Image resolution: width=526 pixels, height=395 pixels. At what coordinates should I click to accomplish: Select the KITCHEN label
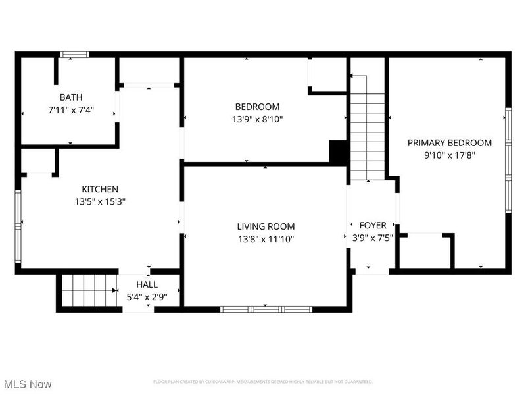pos(100,189)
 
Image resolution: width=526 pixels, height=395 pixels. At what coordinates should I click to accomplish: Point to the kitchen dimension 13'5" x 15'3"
pos(100,202)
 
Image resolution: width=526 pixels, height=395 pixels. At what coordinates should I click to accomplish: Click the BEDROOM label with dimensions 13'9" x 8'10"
pos(257,107)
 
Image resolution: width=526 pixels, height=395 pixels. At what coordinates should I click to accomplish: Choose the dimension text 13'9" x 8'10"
pos(257,120)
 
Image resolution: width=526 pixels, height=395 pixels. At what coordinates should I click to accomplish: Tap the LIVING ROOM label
pos(266,226)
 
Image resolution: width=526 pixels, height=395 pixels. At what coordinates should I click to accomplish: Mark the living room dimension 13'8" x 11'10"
pos(266,240)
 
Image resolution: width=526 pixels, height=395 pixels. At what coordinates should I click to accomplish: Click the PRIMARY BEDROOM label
pos(449,143)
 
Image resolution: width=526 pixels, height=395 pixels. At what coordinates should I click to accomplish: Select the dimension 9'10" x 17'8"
pos(449,156)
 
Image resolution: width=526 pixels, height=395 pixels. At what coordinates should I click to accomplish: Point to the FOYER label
pos(372,225)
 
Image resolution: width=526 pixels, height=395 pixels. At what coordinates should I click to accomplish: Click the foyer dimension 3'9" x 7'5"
pos(372,238)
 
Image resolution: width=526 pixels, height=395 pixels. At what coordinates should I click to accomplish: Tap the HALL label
pos(147,284)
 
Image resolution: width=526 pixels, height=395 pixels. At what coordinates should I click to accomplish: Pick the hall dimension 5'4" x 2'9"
pos(147,297)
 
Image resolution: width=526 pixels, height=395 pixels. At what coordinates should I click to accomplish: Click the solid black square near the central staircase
pos(338,152)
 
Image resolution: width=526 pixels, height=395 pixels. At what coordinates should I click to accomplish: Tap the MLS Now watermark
pos(28,384)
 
